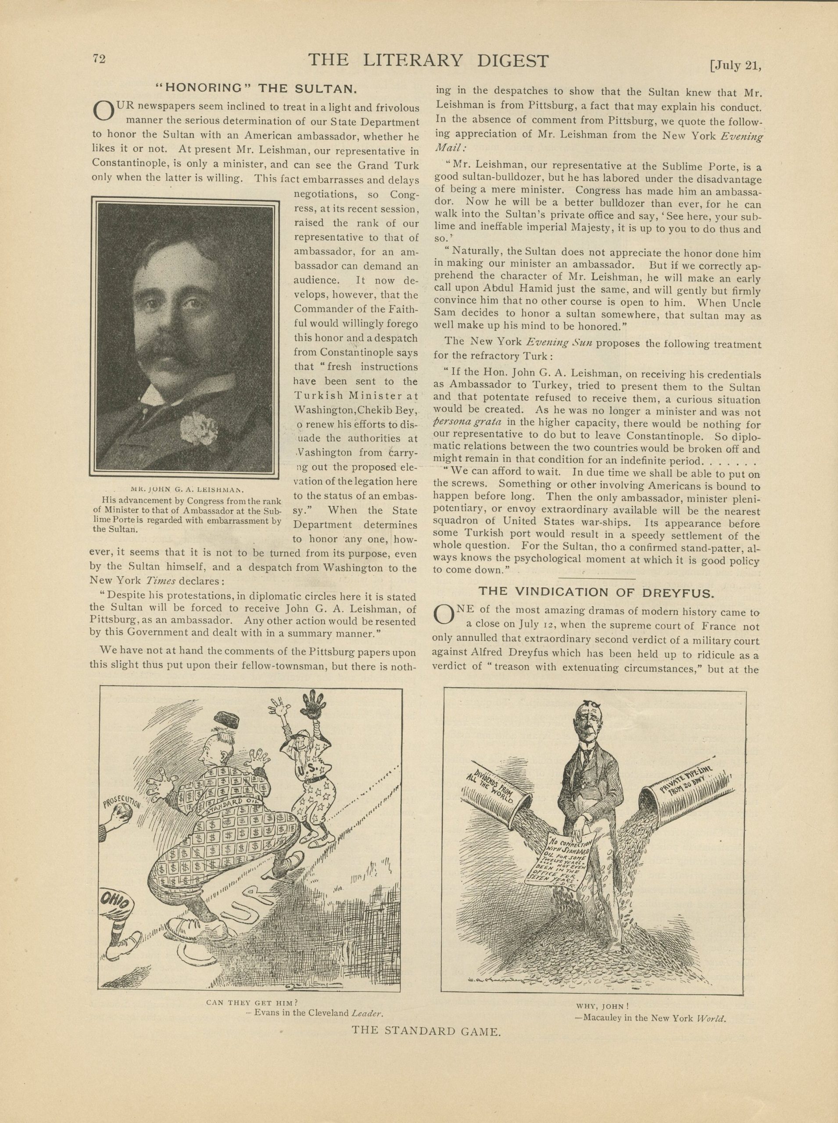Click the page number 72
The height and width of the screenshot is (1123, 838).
point(98,59)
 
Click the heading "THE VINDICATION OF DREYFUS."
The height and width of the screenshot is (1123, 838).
point(597,591)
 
